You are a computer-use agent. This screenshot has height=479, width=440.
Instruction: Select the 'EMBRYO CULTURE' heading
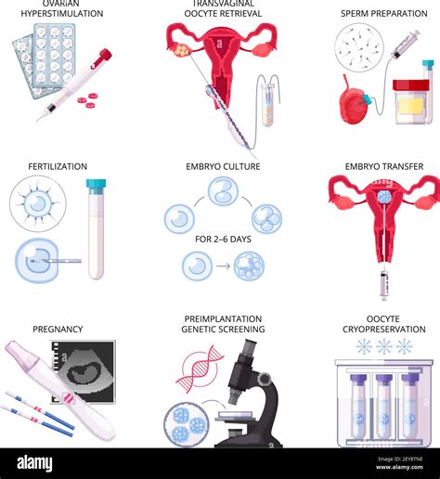tap(222, 167)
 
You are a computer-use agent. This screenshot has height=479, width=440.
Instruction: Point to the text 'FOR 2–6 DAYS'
tap(222, 239)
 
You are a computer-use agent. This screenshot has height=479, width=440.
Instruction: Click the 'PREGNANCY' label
tap(58, 329)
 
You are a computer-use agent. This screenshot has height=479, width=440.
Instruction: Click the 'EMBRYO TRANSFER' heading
tap(383, 167)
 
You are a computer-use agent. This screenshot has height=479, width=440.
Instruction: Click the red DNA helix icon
tap(198, 369)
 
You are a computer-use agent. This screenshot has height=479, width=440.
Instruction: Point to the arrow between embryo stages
tap(223, 267)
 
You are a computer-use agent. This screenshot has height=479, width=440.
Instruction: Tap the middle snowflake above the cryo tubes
tap(383, 347)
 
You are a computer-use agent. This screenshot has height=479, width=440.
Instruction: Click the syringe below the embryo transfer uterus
tap(383, 282)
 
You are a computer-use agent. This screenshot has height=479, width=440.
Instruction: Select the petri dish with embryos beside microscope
tap(188, 424)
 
